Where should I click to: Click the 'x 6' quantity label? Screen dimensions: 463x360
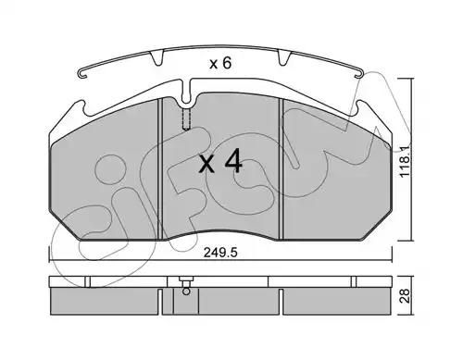click(220, 64)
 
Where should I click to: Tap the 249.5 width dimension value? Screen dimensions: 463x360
click(220, 253)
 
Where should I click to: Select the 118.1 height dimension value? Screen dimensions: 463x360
click(406, 160)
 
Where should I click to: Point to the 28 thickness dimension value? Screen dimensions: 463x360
click(405, 295)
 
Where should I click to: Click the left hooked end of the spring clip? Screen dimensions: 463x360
click(82, 73)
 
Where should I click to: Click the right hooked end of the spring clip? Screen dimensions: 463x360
click(360, 74)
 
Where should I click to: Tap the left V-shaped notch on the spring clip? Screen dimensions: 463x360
click(156, 58)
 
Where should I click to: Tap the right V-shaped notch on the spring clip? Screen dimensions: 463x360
click(284, 58)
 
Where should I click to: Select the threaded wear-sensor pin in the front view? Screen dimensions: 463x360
click(186, 118)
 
